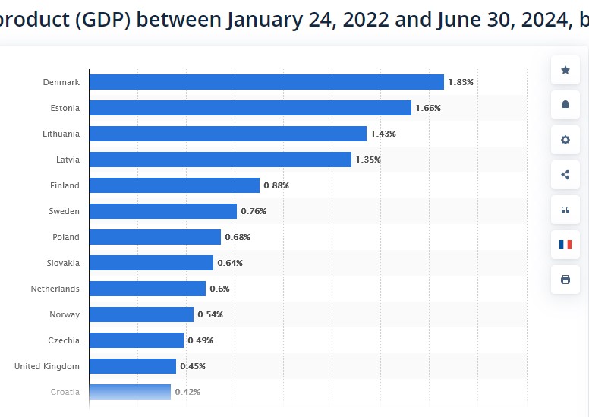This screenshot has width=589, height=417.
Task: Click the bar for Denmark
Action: [x=266, y=82]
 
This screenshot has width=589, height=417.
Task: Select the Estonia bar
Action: [x=250, y=108]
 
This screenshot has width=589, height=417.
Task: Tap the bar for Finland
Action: [x=174, y=185]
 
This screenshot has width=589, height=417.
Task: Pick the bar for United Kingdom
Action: [x=132, y=366]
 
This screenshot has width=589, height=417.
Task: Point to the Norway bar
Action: [x=141, y=314]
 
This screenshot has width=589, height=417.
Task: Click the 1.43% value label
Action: [x=383, y=134]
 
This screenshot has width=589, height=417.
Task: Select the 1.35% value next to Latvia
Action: [x=368, y=160]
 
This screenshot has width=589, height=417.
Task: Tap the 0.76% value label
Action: [x=254, y=211]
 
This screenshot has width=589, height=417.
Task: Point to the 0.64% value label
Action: [x=230, y=263]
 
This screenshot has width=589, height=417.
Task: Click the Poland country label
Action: [x=66, y=237]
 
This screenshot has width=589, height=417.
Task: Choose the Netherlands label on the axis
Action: [x=55, y=289]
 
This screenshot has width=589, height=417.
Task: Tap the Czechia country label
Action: [x=64, y=340]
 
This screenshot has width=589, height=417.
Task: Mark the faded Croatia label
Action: [x=65, y=392]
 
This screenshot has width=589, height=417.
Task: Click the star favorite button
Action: [x=565, y=70]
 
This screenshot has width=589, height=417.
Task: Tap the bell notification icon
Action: [x=565, y=105]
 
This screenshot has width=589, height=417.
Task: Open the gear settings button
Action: [x=565, y=140]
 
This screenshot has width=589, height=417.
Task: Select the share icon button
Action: [x=565, y=175]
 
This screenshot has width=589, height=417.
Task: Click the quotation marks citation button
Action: [x=565, y=210]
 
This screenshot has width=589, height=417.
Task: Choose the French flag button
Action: [x=565, y=245]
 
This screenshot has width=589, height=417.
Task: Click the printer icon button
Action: [x=565, y=280]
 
